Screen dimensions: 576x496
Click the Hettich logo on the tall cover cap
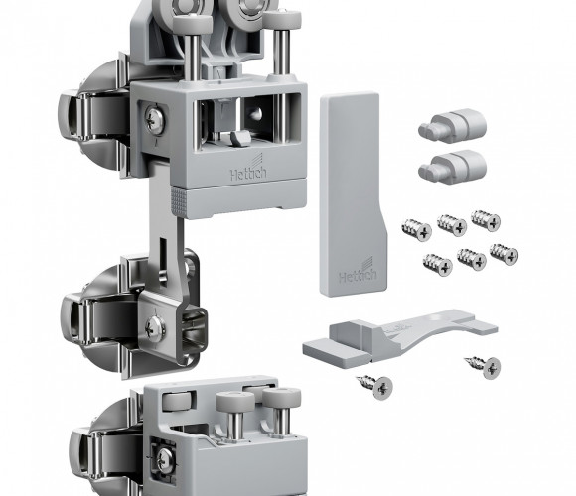pyautogui.click(x=358, y=272)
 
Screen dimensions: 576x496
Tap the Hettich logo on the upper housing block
pyautogui.click(x=248, y=169)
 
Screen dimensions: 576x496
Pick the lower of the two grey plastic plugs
pyautogui.click(x=453, y=166)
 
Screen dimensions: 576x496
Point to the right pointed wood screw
pyautogui.click(x=483, y=366)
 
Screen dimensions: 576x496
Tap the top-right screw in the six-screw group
pyautogui.click(x=486, y=220)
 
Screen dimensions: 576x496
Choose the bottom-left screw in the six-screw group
pyautogui.click(x=437, y=265)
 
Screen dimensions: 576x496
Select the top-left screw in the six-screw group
pyautogui.click(x=416, y=229)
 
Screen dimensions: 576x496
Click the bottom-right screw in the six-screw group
pyautogui.click(x=504, y=254)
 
